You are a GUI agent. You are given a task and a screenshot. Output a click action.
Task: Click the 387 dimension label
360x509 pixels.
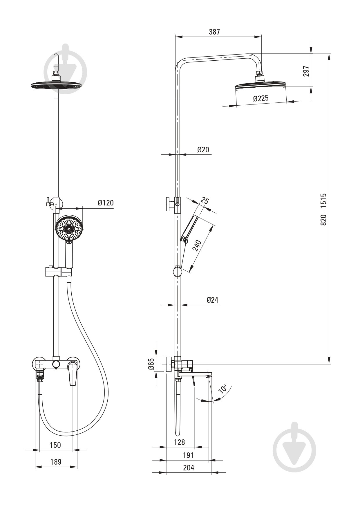coord(214,32)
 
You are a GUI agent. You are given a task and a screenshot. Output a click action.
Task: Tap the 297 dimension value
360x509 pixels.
coord(306,71)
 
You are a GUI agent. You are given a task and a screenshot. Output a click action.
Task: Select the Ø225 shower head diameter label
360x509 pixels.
coord(261,98)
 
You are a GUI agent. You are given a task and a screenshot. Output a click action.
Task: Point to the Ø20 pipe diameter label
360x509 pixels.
coord(203,150)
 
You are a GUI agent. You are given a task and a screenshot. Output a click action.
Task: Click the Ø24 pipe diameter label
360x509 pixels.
coord(212,300)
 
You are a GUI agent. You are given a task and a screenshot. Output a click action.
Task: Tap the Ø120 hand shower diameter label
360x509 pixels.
coord(106,203)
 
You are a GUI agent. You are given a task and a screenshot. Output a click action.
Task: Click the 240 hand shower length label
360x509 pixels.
coord(197,245)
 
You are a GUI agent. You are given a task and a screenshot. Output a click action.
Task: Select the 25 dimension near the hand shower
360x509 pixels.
coord(205,201)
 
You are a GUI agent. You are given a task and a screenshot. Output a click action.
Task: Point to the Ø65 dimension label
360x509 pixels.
coord(151,364)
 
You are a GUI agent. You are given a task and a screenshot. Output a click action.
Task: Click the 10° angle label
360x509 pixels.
coord(223,389)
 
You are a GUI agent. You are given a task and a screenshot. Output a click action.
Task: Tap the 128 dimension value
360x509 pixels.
coord(180,442)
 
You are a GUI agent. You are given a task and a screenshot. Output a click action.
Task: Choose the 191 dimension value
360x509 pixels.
coord(188,455)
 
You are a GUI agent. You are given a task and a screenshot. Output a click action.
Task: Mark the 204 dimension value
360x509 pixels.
coord(189,468)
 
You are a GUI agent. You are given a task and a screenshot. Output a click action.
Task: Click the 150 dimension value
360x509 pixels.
coord(55,445)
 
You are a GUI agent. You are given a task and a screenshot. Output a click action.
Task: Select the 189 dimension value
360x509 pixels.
coord(56,462)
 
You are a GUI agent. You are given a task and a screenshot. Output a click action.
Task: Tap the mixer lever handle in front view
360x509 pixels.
coord(73,375)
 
